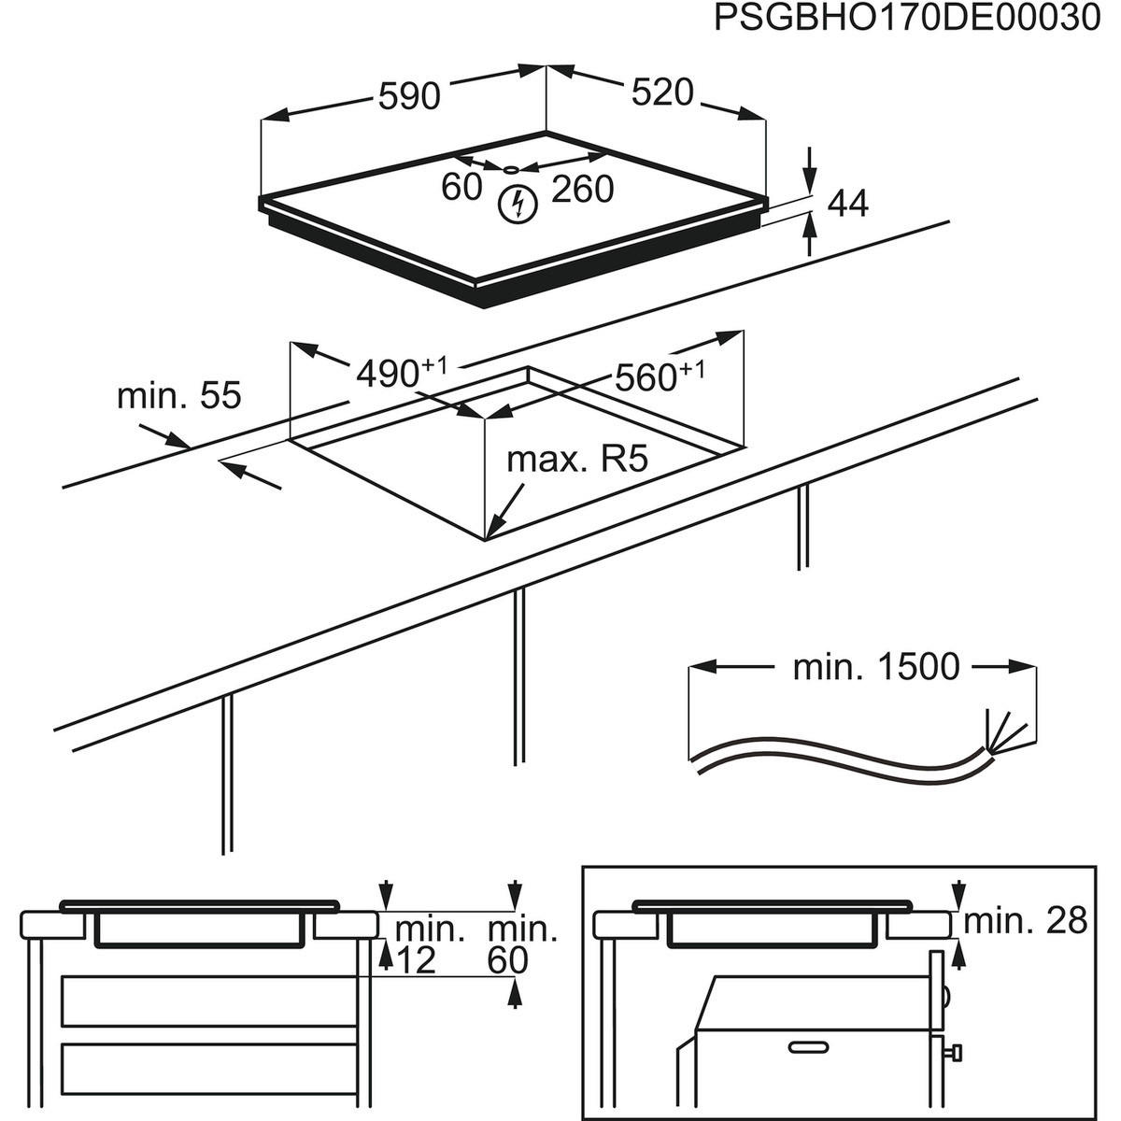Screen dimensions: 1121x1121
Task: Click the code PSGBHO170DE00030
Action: [907, 18]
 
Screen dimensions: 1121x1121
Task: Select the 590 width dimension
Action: [408, 95]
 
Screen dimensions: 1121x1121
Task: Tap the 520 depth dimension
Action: [662, 92]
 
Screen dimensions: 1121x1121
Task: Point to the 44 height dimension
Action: [848, 204]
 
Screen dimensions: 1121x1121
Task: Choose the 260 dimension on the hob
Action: [582, 190]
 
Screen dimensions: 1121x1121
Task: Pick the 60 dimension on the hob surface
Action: [461, 188]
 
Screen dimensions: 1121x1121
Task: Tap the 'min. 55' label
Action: [178, 395]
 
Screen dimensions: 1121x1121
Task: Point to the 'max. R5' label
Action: [576, 460]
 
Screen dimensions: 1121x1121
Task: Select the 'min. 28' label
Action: [1026, 921]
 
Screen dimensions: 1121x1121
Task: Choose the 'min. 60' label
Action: [522, 944]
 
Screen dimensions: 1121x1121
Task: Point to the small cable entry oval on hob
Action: [510, 170]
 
